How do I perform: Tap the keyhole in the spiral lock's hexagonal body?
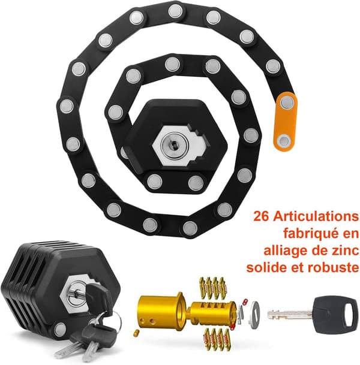174,145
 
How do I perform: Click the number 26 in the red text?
261,216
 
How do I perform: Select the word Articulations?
316,216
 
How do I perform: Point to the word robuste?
334,268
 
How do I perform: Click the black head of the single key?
334,314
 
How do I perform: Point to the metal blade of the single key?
289,315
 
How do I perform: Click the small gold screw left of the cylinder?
136,333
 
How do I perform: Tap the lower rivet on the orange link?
284,140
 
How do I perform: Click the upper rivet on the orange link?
287,102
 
